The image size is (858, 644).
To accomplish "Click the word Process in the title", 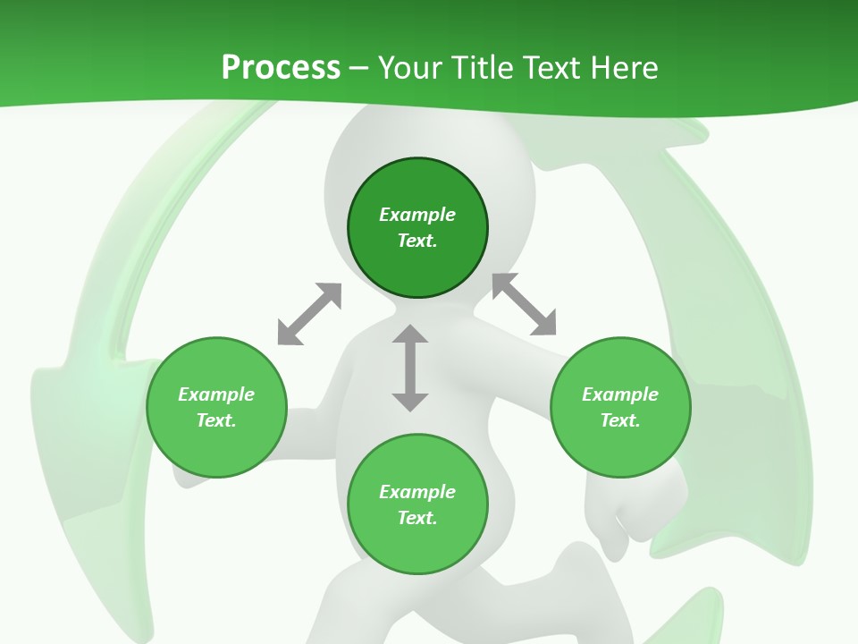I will [x=281, y=68].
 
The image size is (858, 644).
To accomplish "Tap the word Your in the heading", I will [x=410, y=68].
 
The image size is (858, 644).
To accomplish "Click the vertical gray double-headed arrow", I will [x=410, y=368].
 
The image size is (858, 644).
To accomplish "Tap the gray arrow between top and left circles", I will [x=309, y=314].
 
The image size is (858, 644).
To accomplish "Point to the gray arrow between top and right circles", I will [x=524, y=304].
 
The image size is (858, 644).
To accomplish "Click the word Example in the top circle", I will [x=417, y=215].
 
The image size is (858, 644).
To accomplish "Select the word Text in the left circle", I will [x=216, y=420].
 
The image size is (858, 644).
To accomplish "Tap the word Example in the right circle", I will [x=620, y=394].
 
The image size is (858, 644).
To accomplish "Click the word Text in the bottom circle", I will [x=417, y=518].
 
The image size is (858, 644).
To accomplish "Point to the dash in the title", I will [x=359, y=68].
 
